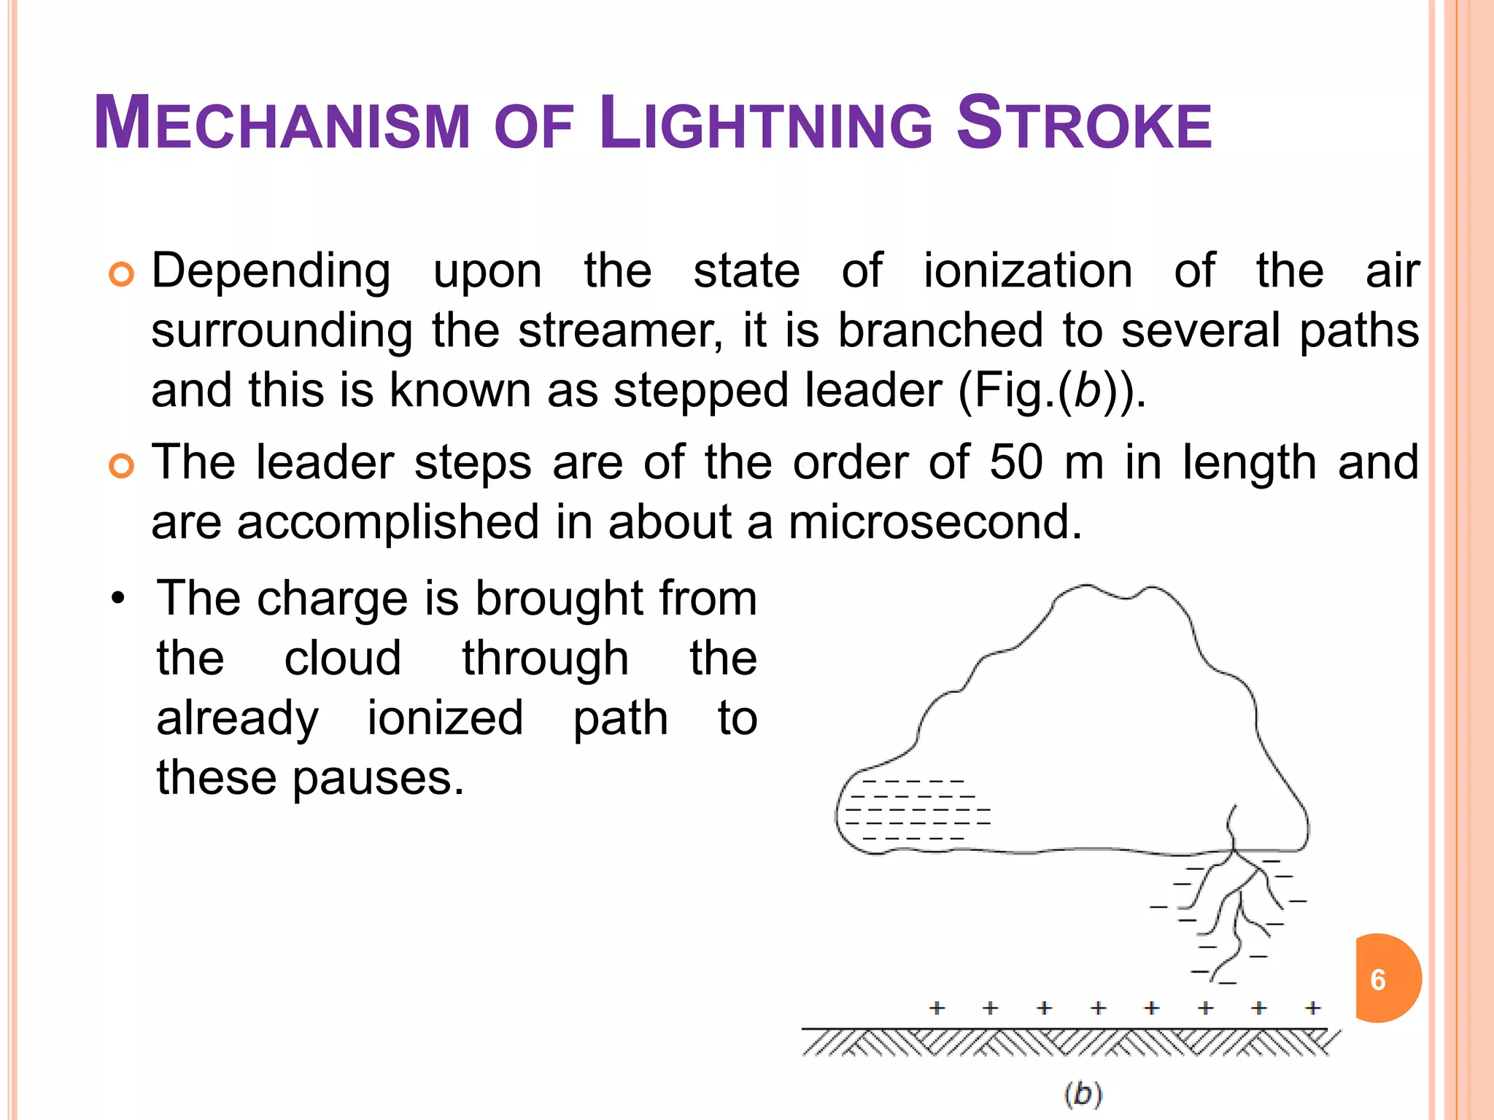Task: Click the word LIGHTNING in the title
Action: (765, 124)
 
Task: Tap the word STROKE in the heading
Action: (1084, 124)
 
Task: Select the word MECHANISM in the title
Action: (282, 124)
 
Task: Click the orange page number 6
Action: (1378, 979)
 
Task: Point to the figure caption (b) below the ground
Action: (1083, 1094)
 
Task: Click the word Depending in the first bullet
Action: (271, 272)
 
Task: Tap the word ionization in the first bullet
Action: (1028, 271)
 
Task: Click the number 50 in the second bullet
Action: (1016, 462)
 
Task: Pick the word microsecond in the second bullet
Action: (935, 522)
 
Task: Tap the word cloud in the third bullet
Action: (342, 658)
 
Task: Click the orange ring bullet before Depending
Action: (121, 275)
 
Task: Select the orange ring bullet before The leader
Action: (121, 466)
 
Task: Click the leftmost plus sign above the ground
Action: (937, 1008)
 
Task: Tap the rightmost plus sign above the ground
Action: (1313, 1008)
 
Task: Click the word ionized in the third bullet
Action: (445, 718)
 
